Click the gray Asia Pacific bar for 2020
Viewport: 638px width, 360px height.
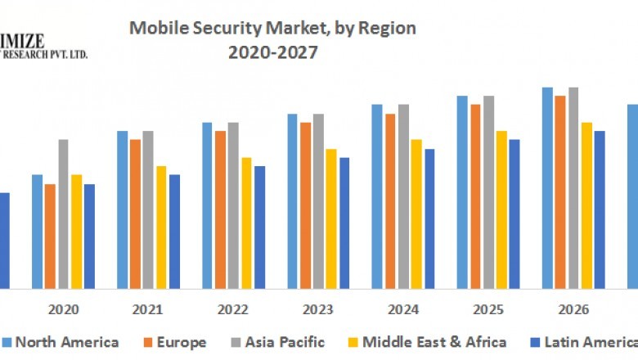pyautogui.click(x=63, y=214)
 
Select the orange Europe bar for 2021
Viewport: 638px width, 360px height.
pyautogui.click(x=135, y=214)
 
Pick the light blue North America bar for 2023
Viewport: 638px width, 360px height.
pyautogui.click(x=292, y=200)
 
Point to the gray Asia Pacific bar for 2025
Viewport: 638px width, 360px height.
pyautogui.click(x=488, y=191)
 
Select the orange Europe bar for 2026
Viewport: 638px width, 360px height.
pyautogui.click(x=560, y=191)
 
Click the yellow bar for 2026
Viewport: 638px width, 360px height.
pyautogui.click(x=586, y=205)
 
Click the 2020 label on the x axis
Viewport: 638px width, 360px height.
pyautogui.click(x=63, y=310)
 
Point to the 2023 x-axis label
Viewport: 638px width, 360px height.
pyautogui.click(x=318, y=310)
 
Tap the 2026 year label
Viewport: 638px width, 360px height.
pyautogui.click(x=573, y=310)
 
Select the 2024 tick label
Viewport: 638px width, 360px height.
pyautogui.click(x=403, y=310)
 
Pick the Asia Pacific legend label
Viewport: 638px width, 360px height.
pyautogui.click(x=284, y=342)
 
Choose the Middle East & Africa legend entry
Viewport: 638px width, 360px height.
pyautogui.click(x=434, y=342)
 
